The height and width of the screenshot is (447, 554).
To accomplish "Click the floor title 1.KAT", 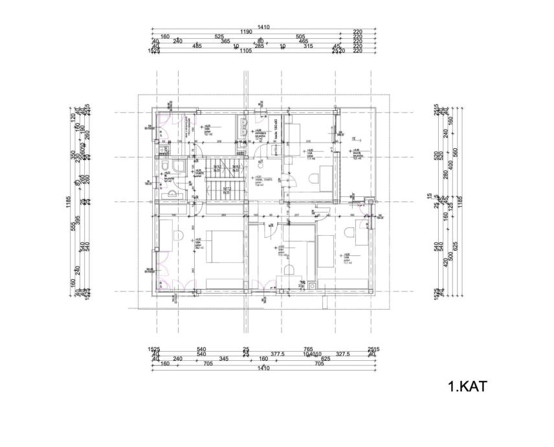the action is pyautogui.click(x=467, y=387).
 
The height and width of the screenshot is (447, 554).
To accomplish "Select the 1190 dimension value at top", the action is pyautogui.click(x=245, y=32).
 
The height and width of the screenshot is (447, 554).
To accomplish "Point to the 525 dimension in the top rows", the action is pyautogui.click(x=219, y=37).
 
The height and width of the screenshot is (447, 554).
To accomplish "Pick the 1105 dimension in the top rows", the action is pyautogui.click(x=245, y=50).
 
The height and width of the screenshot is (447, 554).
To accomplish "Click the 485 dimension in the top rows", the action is pyautogui.click(x=197, y=46).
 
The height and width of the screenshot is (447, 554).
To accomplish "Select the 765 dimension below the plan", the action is pyautogui.click(x=308, y=350).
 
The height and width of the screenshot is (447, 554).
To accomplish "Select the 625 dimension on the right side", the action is pyautogui.click(x=455, y=246).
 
